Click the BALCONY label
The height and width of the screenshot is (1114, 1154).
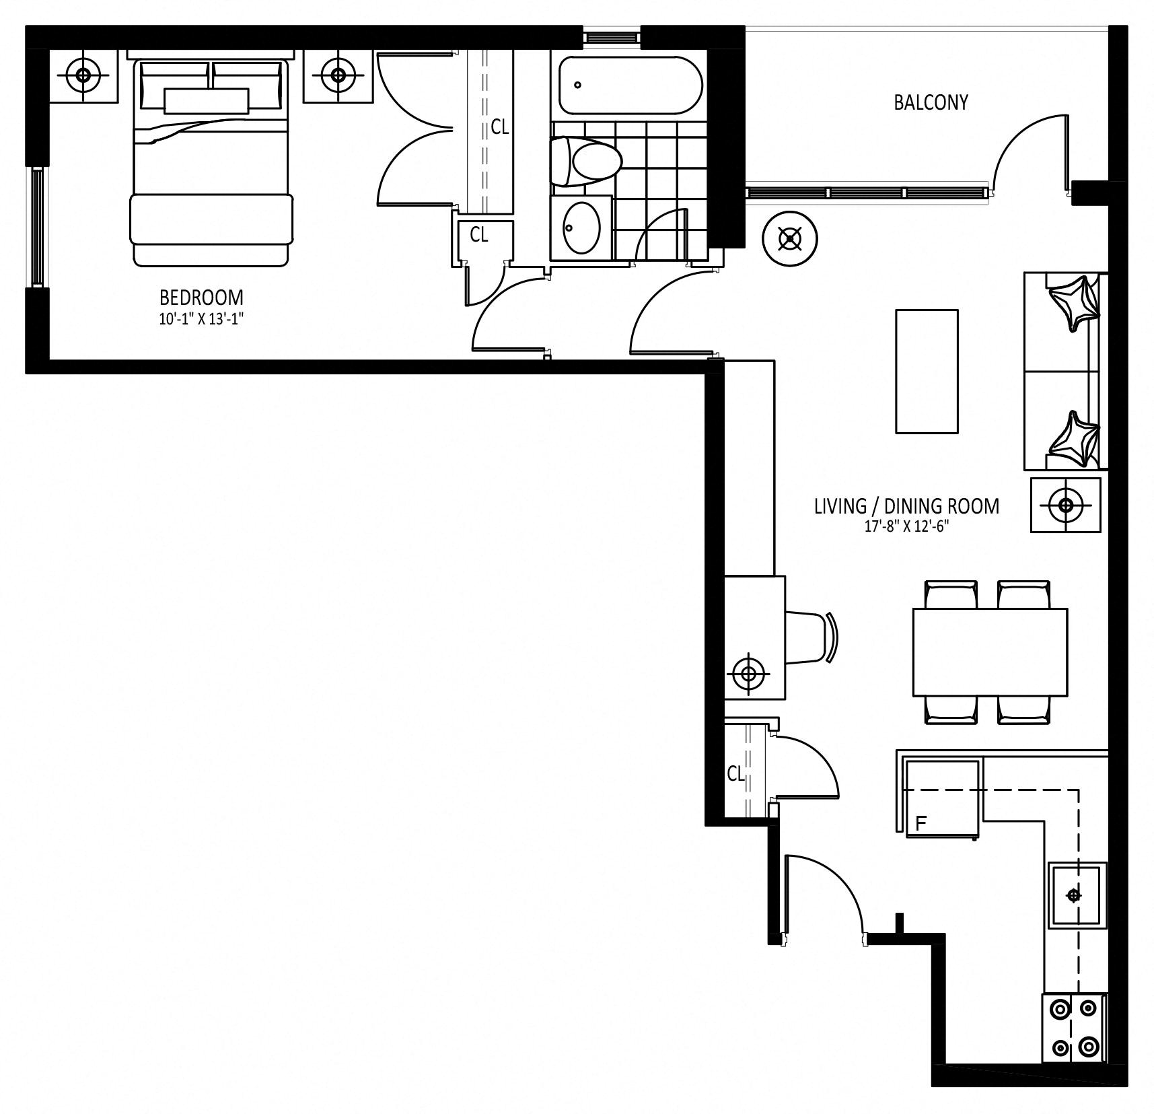[931, 102]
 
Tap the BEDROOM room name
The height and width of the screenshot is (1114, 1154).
[201, 297]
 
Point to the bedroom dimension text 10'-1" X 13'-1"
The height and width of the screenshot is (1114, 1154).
[201, 319]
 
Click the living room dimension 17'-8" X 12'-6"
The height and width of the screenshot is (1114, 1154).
[906, 526]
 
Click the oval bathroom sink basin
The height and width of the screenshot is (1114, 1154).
[581, 228]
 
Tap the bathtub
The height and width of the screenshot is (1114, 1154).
[629, 85]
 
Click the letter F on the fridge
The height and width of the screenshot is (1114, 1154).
[921, 822]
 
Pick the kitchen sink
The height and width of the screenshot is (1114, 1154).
[1077, 895]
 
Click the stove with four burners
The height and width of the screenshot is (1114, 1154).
[1074, 1029]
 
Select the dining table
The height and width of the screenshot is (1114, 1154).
[990, 652]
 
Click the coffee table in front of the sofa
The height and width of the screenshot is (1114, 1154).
[927, 371]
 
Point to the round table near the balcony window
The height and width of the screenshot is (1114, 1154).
[789, 238]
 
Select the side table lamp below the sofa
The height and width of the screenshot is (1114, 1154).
[1066, 505]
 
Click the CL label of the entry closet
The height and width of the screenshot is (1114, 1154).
[735, 774]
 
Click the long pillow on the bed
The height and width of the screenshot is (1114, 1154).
[207, 100]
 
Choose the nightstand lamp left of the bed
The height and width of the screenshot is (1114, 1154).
[83, 75]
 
